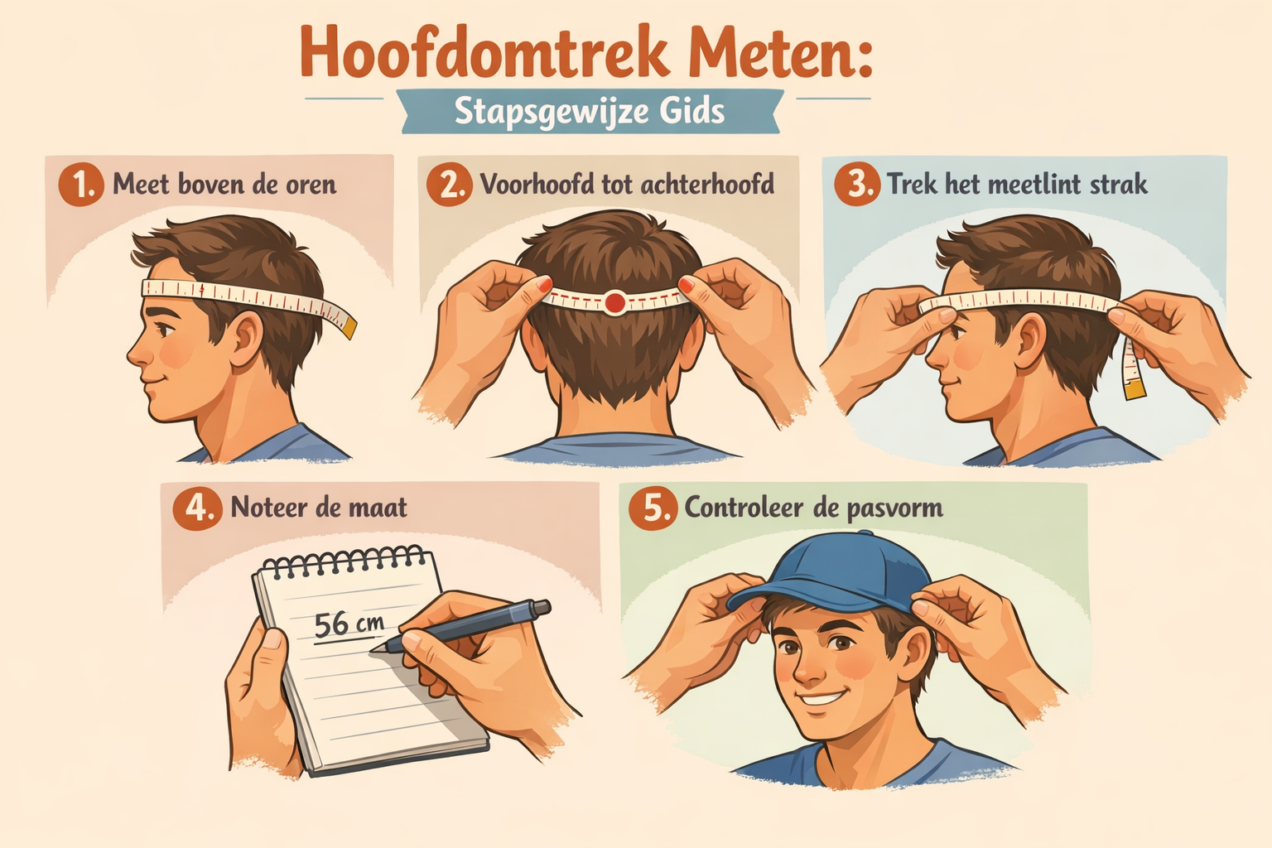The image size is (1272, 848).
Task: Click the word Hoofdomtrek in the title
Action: (484, 52)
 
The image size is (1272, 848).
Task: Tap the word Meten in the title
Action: (778, 52)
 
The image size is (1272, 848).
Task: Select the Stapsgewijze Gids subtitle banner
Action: (590, 111)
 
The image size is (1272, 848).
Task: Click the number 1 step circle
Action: (81, 184)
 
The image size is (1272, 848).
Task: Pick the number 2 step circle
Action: (449, 184)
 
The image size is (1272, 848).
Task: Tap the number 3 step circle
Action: (856, 184)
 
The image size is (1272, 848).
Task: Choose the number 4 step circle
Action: (197, 507)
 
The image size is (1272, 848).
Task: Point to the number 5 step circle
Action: (653, 507)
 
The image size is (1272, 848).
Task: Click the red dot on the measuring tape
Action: (614, 302)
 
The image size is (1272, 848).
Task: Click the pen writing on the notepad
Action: (472, 624)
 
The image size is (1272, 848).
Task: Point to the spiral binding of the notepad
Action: (346, 564)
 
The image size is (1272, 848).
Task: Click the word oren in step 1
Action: (311, 184)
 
